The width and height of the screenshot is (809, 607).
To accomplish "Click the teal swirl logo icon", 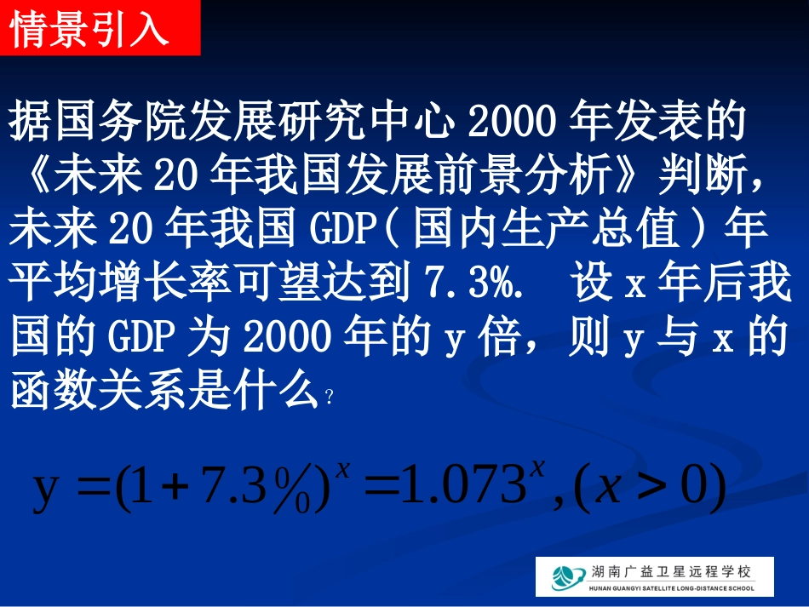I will tap(563, 576).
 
